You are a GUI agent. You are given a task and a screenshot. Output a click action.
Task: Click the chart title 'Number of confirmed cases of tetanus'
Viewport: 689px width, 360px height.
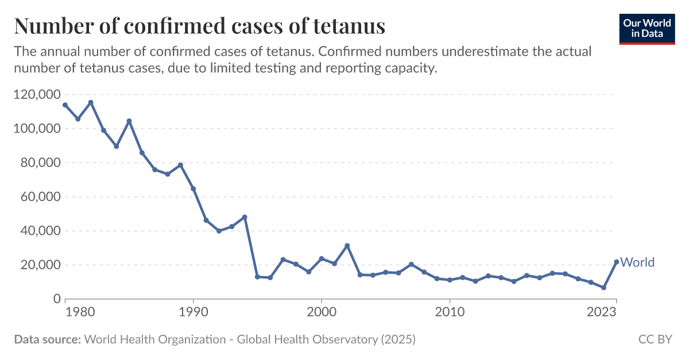coord(199,26)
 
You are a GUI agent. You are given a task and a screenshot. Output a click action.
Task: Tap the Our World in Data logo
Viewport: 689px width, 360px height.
coord(647,27)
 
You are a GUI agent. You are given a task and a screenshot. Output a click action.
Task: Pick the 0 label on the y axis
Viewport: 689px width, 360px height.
coord(56,299)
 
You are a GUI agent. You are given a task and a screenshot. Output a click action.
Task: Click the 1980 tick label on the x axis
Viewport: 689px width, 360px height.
coord(80,312)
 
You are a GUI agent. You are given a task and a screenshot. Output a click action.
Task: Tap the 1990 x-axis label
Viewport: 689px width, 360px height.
coord(193,312)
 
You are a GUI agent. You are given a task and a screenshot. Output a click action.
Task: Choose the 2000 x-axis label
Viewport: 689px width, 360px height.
coord(321,312)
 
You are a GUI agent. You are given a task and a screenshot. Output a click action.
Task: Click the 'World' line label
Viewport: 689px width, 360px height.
coord(637,262)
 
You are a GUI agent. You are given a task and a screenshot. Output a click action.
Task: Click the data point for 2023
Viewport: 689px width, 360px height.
coord(616,262)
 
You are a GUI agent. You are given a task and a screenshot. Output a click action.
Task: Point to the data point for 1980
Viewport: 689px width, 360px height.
coord(65,105)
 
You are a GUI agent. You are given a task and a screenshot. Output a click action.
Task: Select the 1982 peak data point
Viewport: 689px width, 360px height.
coord(91,103)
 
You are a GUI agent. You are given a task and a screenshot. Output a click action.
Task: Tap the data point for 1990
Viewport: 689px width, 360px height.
coord(193,189)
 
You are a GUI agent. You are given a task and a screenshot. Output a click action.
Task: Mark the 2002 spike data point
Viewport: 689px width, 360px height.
coord(347,246)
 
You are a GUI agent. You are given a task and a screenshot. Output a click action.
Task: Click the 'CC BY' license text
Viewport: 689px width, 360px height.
coord(655,340)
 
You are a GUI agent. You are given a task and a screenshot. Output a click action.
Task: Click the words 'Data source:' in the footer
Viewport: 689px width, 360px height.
coord(47,340)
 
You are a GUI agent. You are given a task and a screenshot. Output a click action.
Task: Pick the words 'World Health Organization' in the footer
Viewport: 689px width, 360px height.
coord(155,340)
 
